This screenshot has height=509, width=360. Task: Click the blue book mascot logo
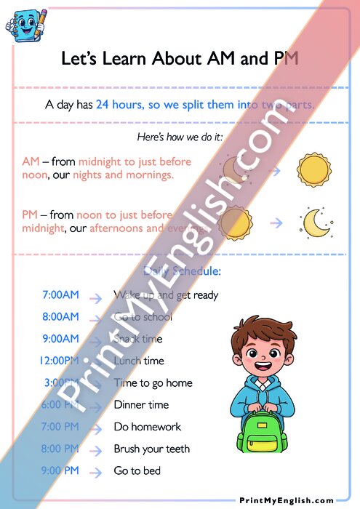pos(24,24)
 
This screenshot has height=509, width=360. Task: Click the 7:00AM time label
pos(60,295)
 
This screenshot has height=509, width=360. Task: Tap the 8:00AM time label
pos(60,317)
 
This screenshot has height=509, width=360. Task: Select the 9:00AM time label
pos(60,339)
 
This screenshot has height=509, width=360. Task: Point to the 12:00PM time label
pos(60,361)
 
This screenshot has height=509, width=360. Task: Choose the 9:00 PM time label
pos(60,470)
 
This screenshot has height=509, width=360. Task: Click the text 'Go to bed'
pos(137,471)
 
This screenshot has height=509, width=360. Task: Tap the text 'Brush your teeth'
pos(151,449)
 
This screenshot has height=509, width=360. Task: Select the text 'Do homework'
pos(147,427)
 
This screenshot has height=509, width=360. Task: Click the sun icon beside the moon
pos(234,221)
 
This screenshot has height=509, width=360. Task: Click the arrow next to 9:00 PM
pos(95,471)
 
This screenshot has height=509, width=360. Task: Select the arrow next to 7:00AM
pos(95,297)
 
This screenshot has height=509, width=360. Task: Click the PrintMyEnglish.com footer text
pos(287,500)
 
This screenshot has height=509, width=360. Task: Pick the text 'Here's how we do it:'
pos(180,137)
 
